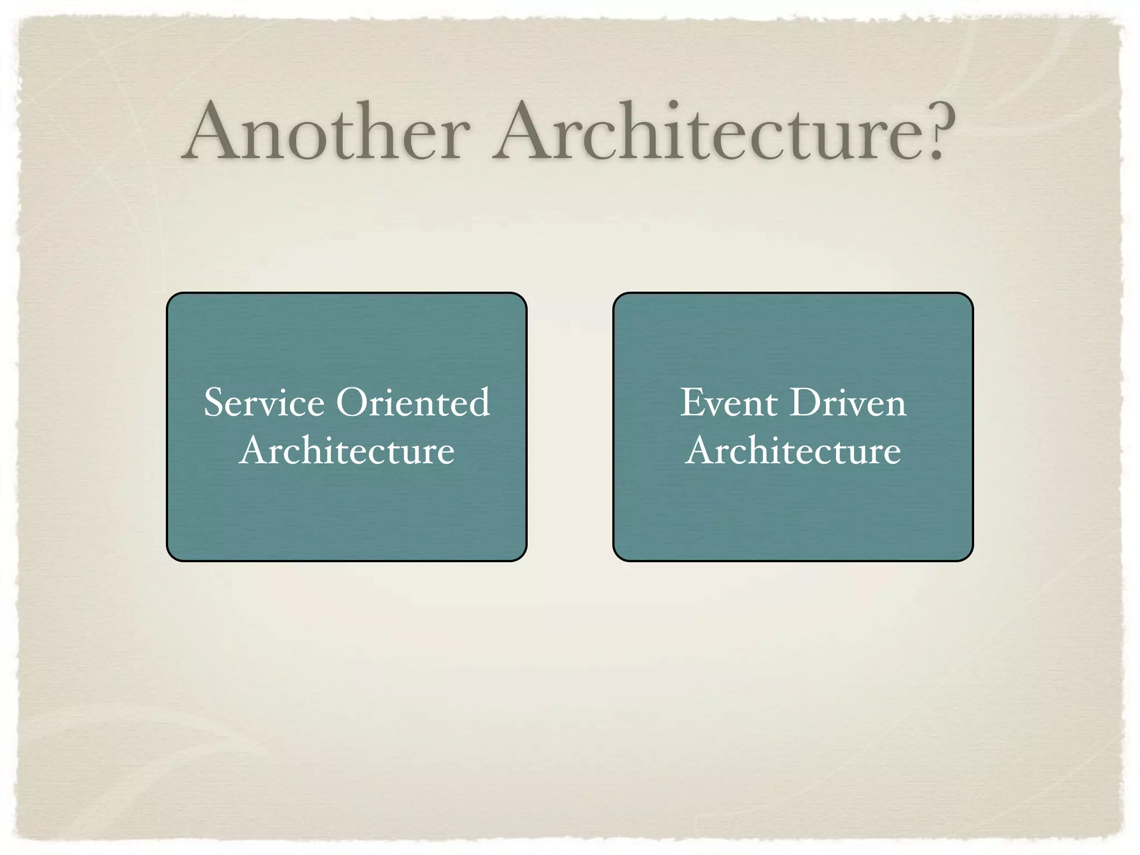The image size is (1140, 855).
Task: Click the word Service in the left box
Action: pos(264,402)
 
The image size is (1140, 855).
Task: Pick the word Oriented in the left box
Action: pos(413,402)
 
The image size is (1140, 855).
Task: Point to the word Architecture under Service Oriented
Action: pos(347,450)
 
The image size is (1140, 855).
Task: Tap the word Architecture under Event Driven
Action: pos(793,450)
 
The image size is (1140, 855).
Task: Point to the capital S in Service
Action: pos(215,402)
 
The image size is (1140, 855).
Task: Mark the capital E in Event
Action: pos(692,402)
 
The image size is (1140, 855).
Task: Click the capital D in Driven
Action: pos(805,402)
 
